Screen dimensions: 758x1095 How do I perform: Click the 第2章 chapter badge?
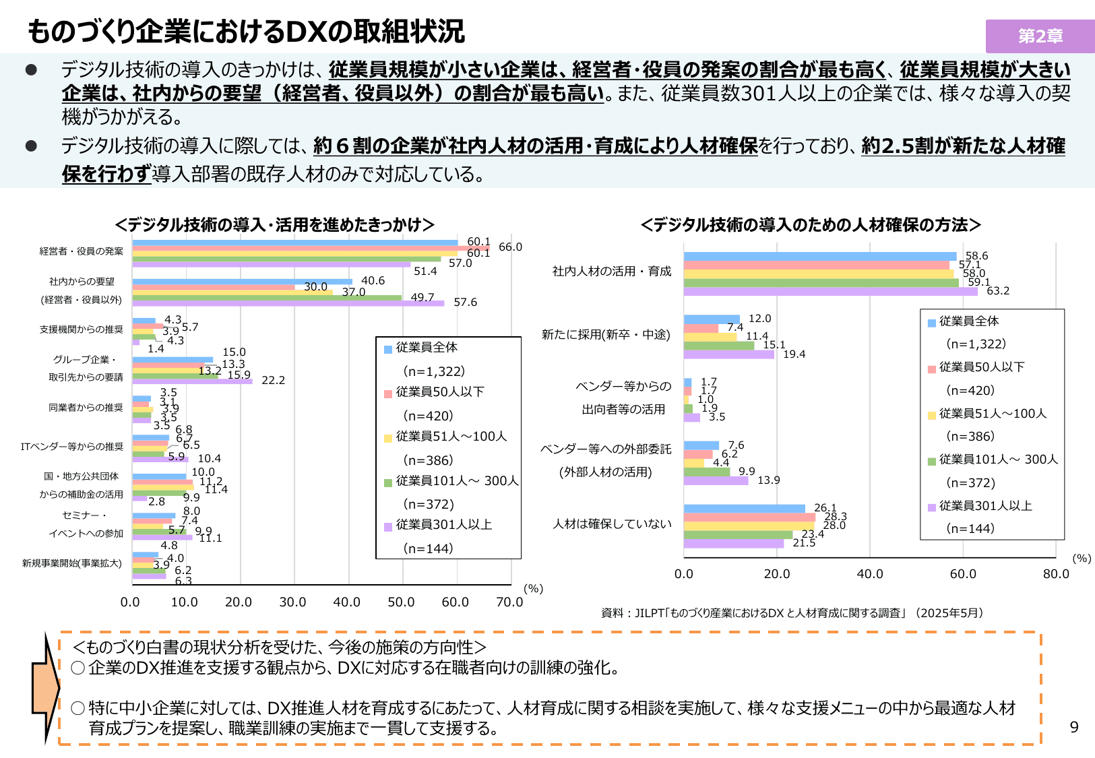[1040, 36]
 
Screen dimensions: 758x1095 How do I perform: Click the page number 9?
[1074, 727]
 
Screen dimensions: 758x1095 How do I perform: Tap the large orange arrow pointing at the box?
[46, 687]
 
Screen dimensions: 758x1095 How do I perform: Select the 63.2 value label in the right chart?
[998, 291]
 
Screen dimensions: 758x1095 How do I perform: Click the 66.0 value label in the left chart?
[510, 247]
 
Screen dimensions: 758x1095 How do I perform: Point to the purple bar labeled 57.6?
[288, 303]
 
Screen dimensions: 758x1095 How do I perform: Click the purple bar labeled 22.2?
[192, 381]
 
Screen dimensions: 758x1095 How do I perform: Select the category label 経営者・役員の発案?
[81, 251]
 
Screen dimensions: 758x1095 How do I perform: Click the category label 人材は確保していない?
[612, 524]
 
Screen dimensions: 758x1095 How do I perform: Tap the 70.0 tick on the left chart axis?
[509, 602]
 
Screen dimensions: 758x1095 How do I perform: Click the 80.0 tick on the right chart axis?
[1056, 574]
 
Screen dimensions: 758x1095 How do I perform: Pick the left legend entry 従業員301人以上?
[443, 525]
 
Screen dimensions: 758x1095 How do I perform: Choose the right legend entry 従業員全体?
[968, 321]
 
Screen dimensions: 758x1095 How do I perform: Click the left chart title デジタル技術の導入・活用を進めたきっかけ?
[274, 225]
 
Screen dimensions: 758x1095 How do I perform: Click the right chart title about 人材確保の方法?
[810, 225]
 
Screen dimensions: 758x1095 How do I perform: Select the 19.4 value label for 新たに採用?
[794, 354]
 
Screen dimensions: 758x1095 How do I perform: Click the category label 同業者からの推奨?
[86, 408]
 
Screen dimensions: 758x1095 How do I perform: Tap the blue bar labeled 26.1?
[744, 509]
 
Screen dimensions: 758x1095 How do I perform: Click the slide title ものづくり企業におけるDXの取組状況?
[247, 32]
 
